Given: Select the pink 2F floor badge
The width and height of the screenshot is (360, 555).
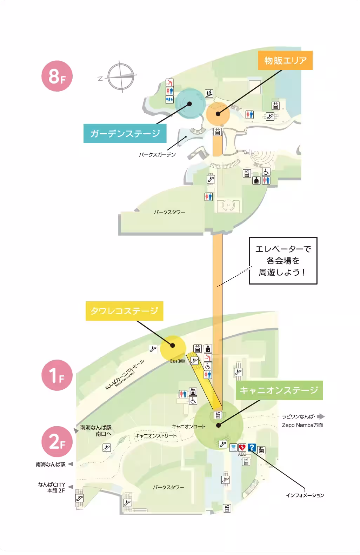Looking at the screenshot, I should pos(56,442).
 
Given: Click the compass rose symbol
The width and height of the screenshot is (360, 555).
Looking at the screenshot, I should pos(121,76).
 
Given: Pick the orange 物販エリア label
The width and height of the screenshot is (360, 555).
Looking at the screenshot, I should pos(285,61).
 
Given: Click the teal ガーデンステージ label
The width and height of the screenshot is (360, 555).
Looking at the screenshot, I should pos(125,134).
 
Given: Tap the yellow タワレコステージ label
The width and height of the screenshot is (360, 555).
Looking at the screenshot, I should pos(125,311).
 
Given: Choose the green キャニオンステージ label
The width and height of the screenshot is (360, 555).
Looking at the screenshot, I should pos(279,390).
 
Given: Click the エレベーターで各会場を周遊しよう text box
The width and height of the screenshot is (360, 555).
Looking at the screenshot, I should pos(283,261).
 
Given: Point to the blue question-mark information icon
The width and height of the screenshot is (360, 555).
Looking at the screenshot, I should pos(252,447).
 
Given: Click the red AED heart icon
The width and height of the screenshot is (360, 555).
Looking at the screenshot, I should pos(242,447).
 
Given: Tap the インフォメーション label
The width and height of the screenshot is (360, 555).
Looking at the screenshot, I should pos(305,495).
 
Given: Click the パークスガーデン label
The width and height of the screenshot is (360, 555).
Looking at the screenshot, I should pos(157,154).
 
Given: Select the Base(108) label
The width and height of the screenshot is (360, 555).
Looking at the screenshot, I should pos(177,361).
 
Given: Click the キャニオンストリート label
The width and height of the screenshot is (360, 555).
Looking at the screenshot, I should pos(156,436).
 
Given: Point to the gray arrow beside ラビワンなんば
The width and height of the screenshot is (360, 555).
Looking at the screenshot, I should pos(321,417).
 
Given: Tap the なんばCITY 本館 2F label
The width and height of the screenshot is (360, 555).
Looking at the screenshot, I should pos(52,488).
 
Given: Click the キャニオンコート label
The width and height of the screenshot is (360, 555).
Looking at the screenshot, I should pos(188,427).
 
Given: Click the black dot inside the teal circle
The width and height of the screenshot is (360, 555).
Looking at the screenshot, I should pos(189,103).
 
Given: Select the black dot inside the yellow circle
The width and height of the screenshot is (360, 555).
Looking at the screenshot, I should pos(173,346).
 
